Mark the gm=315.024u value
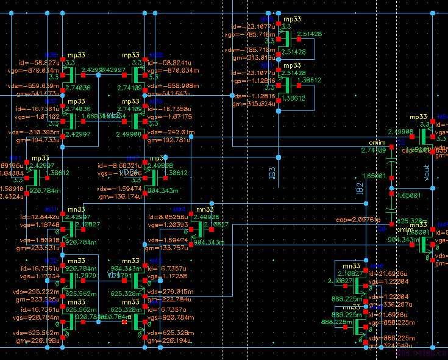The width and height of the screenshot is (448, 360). [253, 104]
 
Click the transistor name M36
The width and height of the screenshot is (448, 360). [51, 55]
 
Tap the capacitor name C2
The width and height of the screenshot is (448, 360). [400, 143]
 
